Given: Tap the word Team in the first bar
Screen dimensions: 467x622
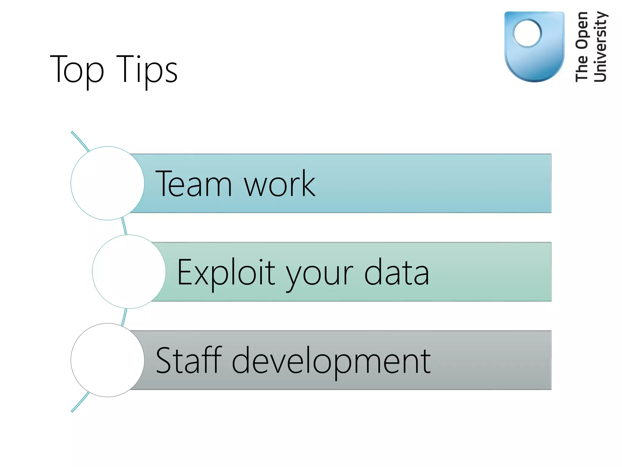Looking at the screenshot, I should click(x=193, y=184).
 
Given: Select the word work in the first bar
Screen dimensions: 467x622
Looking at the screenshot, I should click(x=280, y=184).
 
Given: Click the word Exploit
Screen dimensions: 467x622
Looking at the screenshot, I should click(x=226, y=272).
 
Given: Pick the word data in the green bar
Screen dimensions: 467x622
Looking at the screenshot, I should click(x=396, y=272).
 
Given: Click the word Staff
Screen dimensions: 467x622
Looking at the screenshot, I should click(x=189, y=360).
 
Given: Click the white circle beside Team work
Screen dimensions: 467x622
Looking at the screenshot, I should click(x=108, y=183).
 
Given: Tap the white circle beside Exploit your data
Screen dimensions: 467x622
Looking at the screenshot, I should click(x=129, y=272).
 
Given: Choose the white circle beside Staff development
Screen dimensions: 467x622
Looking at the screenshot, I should click(x=108, y=360).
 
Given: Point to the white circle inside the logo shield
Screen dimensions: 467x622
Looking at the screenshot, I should click(x=528, y=33).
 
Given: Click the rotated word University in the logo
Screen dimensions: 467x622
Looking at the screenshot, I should click(x=600, y=47).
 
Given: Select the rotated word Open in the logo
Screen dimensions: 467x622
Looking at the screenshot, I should click(x=582, y=30).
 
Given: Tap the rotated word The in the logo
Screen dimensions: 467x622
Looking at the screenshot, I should click(x=582, y=68).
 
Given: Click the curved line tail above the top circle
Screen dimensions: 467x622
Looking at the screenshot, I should click(x=80, y=140).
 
